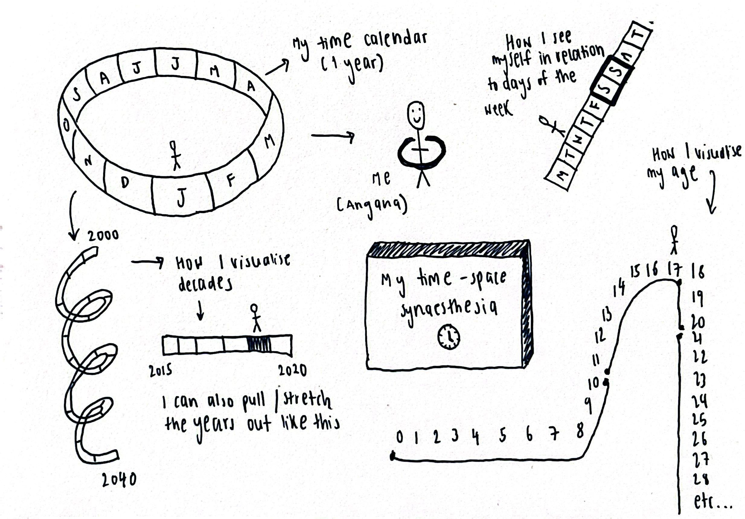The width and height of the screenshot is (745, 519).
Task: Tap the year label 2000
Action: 103,235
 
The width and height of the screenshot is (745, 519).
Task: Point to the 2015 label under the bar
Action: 160,371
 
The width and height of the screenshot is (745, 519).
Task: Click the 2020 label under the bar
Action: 292,370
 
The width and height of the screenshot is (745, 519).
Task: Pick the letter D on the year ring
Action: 125,183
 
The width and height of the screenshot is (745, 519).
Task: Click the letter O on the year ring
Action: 66,125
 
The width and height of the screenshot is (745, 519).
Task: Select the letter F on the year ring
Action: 230,180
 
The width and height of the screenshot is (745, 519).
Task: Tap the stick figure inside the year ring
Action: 175,155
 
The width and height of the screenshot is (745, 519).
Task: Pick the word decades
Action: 205,285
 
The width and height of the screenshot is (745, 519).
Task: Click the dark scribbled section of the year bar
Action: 259,344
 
